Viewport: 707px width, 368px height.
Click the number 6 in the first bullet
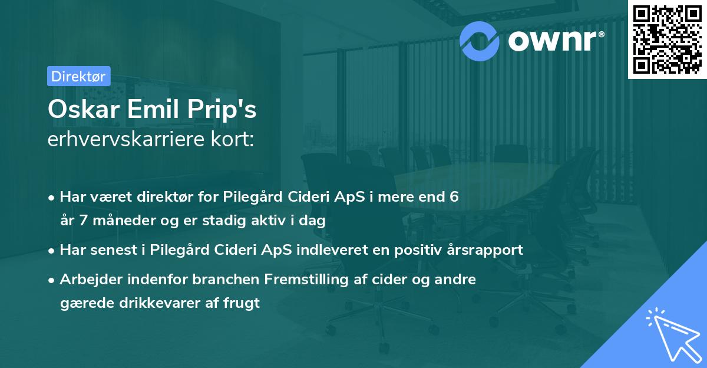coord(454,196)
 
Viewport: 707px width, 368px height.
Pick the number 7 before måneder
coord(82,221)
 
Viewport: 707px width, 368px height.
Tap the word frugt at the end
coord(242,304)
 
